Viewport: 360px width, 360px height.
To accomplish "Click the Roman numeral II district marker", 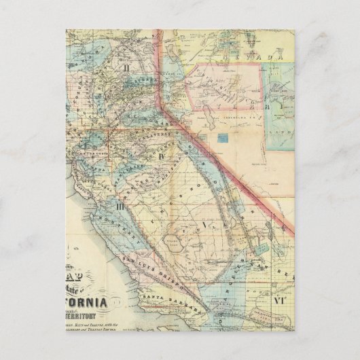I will click(x=127, y=68).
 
